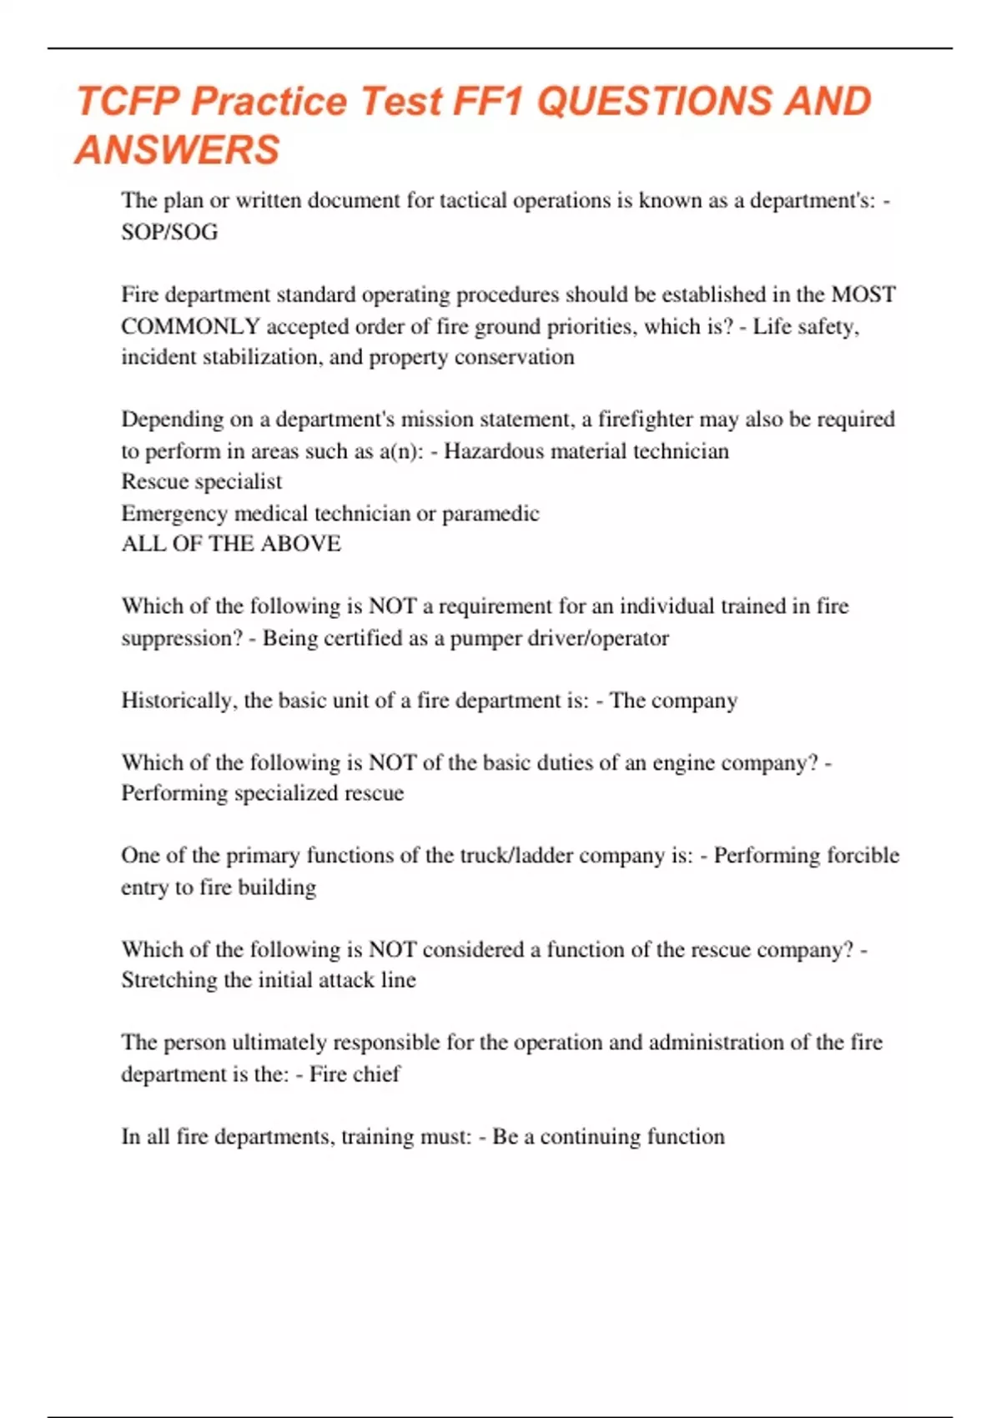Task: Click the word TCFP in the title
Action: (128, 102)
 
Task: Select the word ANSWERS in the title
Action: (178, 150)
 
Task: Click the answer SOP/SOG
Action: (169, 232)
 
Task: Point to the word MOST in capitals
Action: (863, 294)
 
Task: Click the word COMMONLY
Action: (190, 326)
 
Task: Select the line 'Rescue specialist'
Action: (202, 482)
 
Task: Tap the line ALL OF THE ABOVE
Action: (231, 544)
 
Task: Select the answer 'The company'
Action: (673, 701)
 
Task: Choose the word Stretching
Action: (169, 980)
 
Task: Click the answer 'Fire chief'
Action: (355, 1074)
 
